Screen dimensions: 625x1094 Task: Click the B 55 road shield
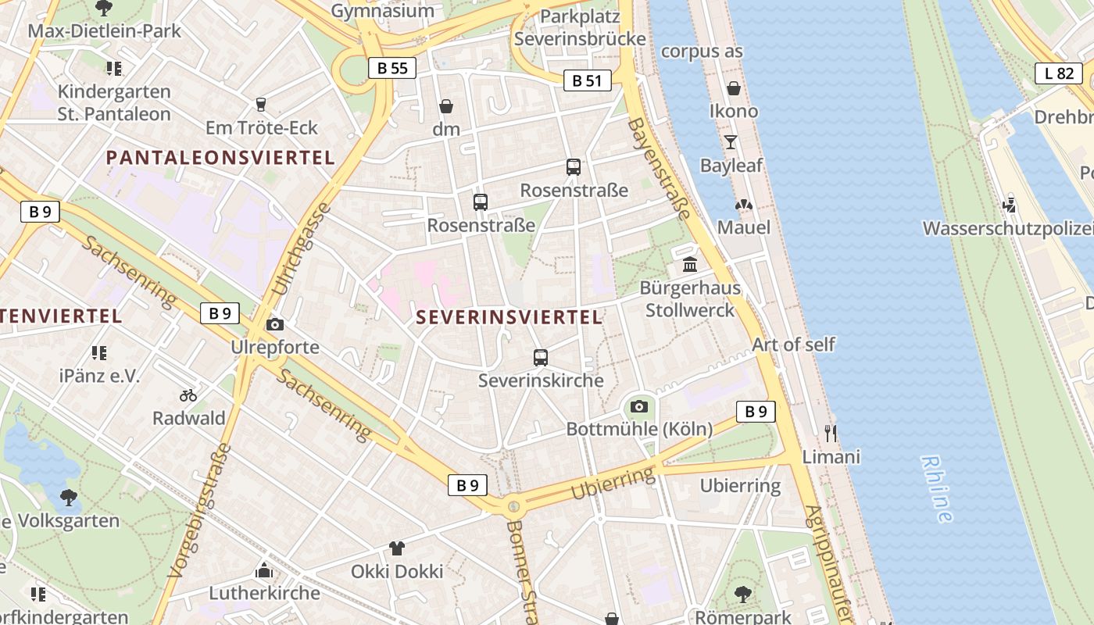point(392,68)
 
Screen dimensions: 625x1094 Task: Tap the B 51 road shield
point(587,80)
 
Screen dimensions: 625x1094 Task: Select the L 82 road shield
point(1059,73)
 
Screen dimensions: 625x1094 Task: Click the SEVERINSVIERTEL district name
point(509,317)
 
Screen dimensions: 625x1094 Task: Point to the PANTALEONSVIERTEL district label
point(220,158)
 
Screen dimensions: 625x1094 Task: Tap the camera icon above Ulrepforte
point(275,324)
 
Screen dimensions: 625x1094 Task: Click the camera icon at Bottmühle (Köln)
point(639,406)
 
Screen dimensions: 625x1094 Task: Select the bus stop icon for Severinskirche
point(540,358)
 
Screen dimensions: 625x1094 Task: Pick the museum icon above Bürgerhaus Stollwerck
point(690,265)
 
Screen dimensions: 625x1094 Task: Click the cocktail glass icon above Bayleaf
point(731,142)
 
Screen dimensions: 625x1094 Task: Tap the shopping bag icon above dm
point(446,106)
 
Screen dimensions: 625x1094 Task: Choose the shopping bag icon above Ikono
point(734,88)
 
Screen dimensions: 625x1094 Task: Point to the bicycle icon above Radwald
point(188,395)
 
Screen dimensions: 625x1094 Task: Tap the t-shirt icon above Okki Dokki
point(397,548)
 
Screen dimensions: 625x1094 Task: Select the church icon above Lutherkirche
point(264,570)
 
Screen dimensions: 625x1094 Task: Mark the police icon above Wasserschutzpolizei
point(1010,205)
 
